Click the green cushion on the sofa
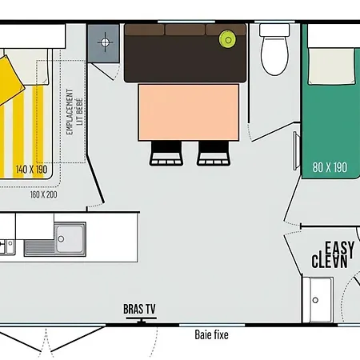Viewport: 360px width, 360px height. pos(227,38)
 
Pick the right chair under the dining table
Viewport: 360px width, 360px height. pos(212,152)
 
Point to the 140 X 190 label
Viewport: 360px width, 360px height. pos(31,170)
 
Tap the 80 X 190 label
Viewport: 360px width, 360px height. pos(330,167)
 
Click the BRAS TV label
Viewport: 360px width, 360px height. pos(139,308)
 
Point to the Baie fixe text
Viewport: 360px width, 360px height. pos(210,334)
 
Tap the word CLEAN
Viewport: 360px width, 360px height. pos(330,261)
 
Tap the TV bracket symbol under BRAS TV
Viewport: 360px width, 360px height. pos(141,320)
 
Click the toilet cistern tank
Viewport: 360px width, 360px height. pos(274,30)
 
